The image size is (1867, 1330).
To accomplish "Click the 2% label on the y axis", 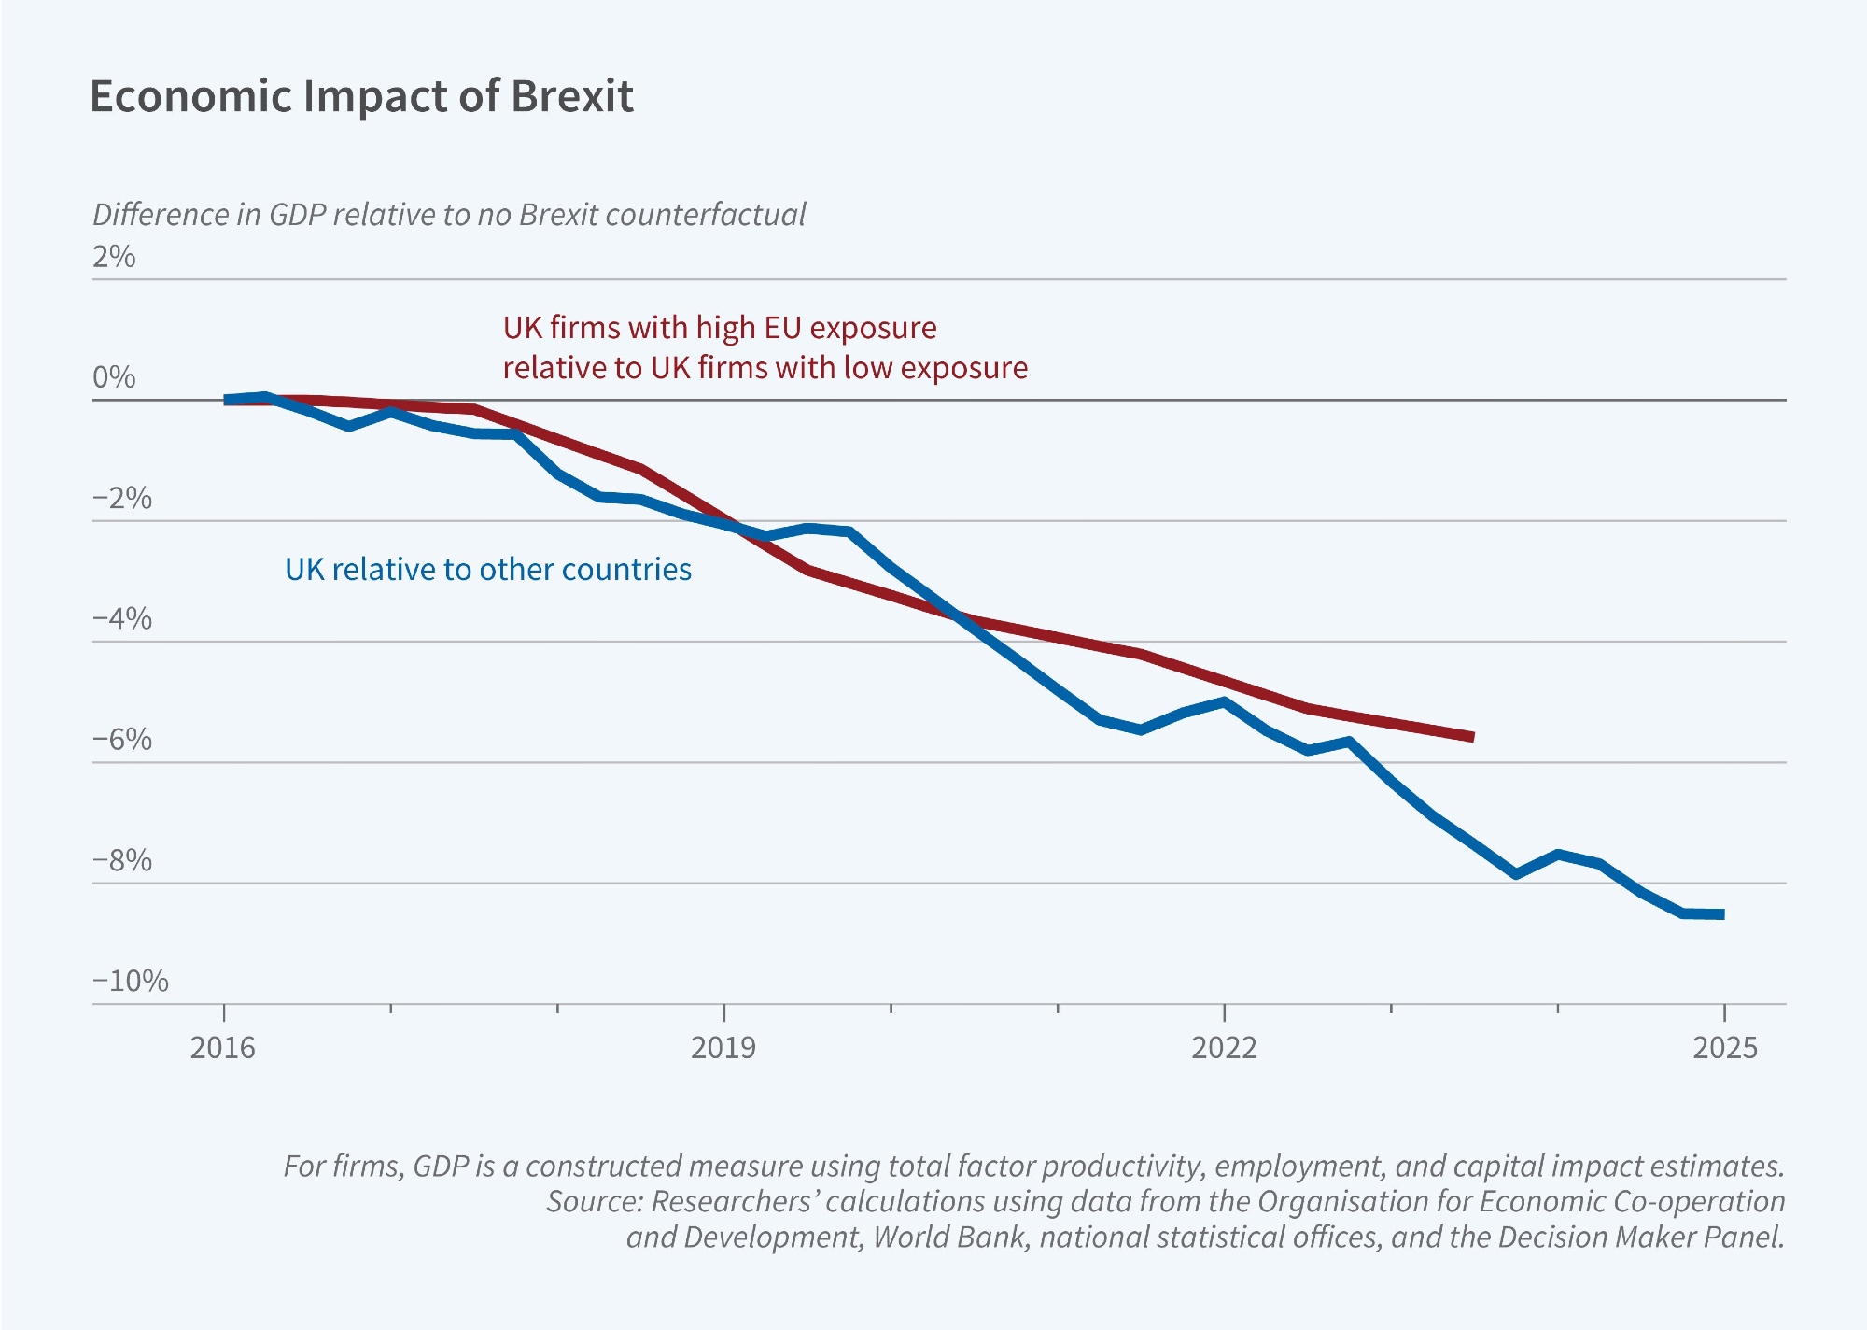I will click(114, 257).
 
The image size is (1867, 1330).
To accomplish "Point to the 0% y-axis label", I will click(114, 377).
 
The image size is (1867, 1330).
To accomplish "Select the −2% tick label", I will click(121, 498).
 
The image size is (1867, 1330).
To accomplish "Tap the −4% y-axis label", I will click(121, 618).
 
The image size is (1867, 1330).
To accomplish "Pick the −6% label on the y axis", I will click(121, 739).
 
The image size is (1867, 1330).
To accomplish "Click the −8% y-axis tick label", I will click(121, 860).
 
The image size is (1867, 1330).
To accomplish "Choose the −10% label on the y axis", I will click(130, 981).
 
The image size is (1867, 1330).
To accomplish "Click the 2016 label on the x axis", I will click(223, 1048).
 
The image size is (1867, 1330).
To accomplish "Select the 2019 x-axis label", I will click(723, 1048).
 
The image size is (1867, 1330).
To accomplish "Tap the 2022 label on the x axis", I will click(1224, 1048).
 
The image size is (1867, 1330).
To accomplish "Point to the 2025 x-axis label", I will click(1724, 1048).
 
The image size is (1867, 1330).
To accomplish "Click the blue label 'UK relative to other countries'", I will click(488, 570).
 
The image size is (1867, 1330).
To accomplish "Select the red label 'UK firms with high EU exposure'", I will click(720, 328).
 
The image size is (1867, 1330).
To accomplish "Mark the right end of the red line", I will click(1472, 737).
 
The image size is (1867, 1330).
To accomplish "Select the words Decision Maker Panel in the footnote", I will click(1640, 1237).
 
